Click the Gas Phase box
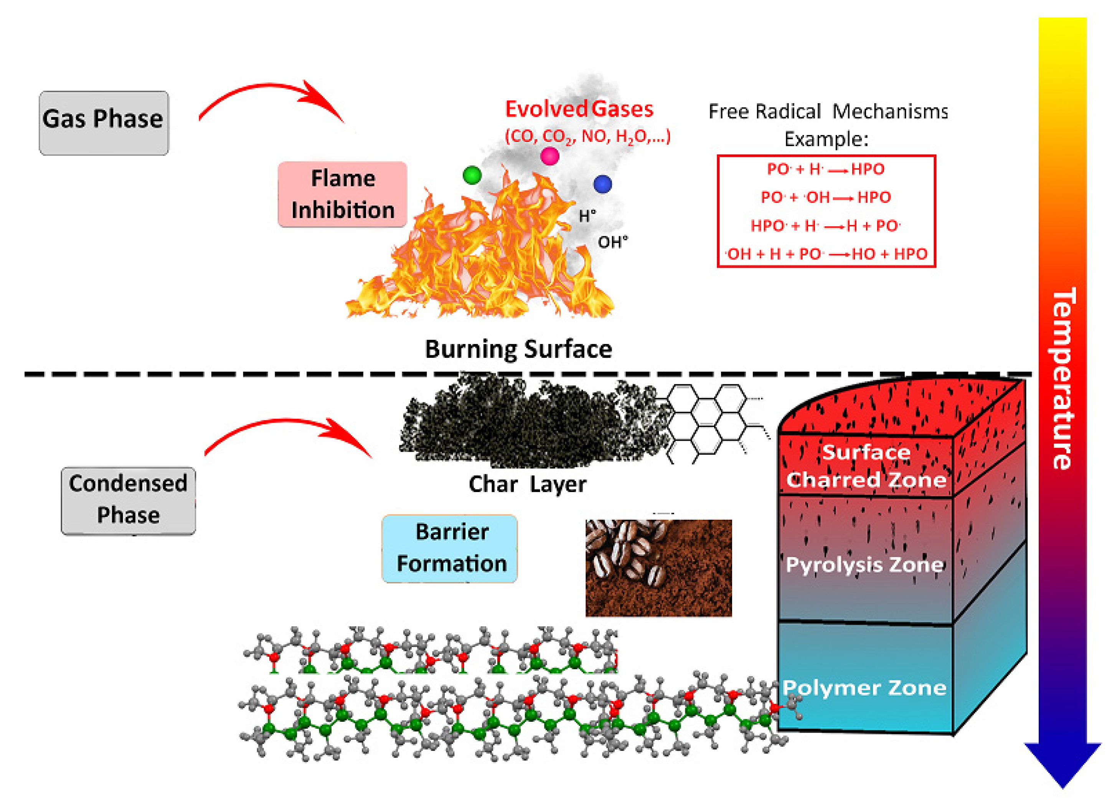pos(104,123)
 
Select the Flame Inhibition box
pos(342,194)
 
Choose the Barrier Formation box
pos(450,548)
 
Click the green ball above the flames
pos(472,175)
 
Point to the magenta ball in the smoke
pos(549,156)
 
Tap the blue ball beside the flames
pos(602,184)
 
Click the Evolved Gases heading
pos(579,109)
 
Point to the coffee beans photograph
pos(658,568)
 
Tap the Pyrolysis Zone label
pos(865,564)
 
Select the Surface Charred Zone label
pos(866,466)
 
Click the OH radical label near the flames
pos(612,242)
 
